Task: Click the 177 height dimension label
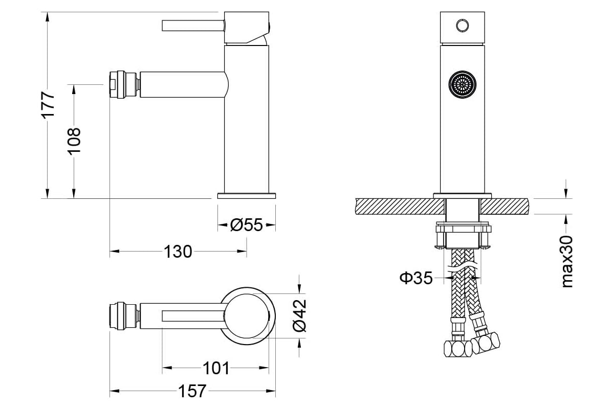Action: [48, 105]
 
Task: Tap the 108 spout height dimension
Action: [74, 141]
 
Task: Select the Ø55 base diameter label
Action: [247, 225]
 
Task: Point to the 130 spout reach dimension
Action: [178, 252]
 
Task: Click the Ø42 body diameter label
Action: [299, 315]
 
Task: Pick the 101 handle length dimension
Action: [216, 368]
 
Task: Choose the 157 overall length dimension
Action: [192, 391]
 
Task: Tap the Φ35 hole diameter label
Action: [416, 278]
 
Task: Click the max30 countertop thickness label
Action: [567, 262]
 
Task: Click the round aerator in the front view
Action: [463, 85]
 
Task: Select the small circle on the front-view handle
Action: [463, 26]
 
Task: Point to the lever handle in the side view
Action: [193, 26]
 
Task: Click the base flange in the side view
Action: [247, 196]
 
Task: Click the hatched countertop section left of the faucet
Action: [400, 206]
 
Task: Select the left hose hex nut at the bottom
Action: [457, 349]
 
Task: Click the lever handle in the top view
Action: [193, 316]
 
